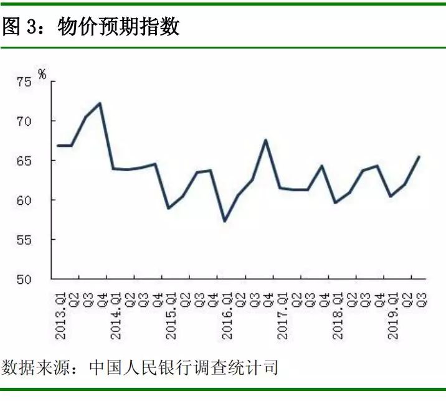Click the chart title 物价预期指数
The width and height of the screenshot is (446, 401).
tap(118, 27)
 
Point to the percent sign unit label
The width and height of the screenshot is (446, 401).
tap(42, 74)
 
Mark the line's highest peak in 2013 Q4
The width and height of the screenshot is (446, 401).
tap(100, 103)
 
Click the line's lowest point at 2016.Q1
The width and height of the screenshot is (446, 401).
tap(225, 221)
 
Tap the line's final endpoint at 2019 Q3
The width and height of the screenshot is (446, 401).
tap(419, 156)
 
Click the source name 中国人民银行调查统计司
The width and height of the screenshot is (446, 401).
tap(183, 367)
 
